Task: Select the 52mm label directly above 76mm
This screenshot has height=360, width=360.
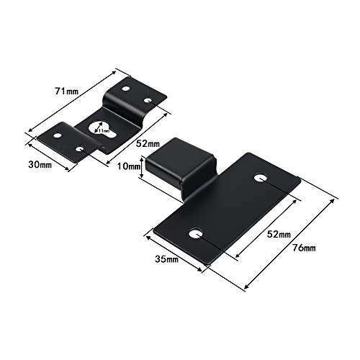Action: coord(276,235)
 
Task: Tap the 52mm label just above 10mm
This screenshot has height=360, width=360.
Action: coord(148,144)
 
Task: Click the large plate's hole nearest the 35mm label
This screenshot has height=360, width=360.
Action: coord(195,233)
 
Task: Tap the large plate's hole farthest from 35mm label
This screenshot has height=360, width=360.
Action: coord(261,177)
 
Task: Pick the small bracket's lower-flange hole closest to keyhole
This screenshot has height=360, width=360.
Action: coord(80,149)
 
